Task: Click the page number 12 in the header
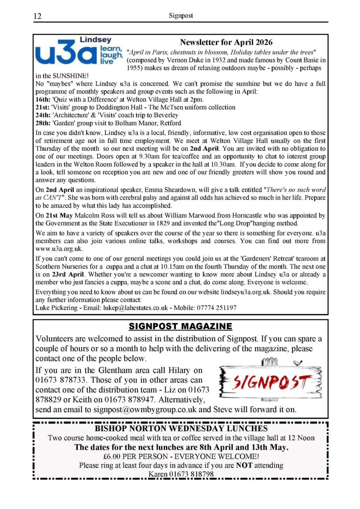pos(38,16)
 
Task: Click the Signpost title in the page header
pos(181,16)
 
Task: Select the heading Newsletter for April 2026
pos(226,43)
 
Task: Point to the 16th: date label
pos(43,99)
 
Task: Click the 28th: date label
pos(43,123)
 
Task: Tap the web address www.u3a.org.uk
pos(59,249)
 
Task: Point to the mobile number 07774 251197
pos(217,308)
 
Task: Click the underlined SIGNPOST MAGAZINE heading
pos(180,327)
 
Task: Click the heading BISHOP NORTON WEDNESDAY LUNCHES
pos(181,429)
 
